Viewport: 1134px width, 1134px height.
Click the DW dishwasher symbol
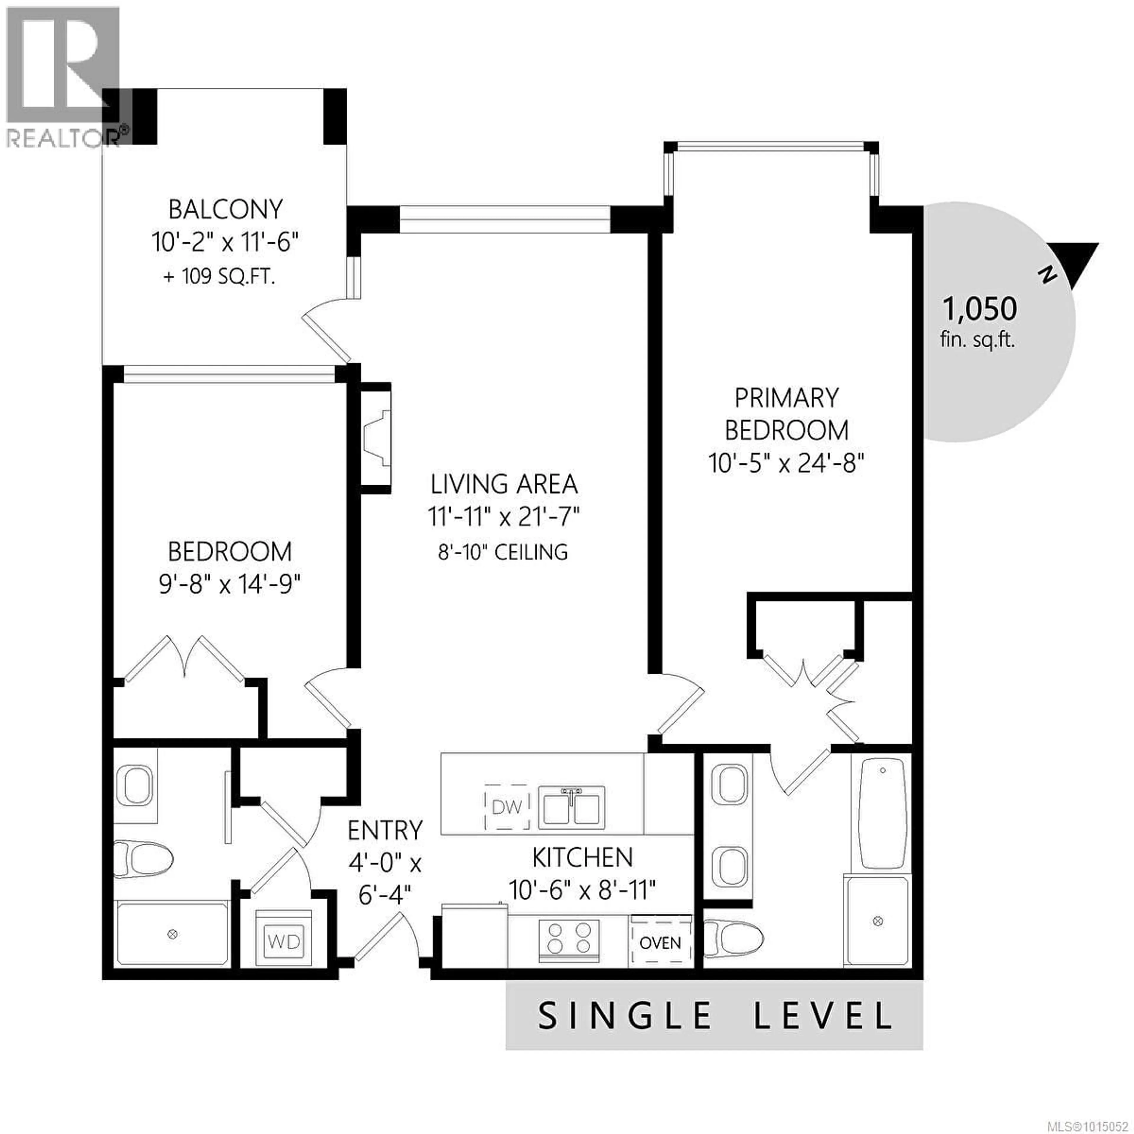pos(507,807)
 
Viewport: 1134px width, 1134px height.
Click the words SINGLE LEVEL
pos(715,1016)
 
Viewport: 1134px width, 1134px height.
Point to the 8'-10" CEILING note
pos(503,552)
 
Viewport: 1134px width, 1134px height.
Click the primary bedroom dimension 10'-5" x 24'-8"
pos(786,464)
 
